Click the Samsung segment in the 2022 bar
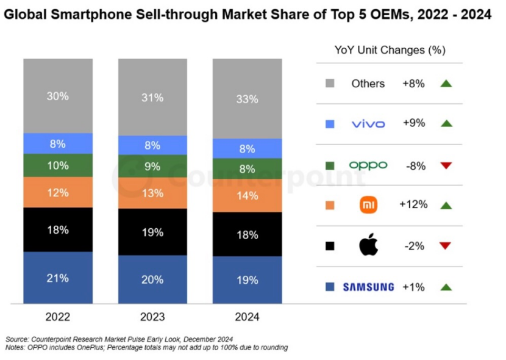point(58,278)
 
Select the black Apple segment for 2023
point(152,232)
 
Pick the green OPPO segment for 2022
point(58,165)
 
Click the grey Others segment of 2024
point(247,98)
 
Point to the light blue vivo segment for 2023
point(152,145)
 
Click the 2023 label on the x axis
point(152,317)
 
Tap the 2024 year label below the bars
point(247,317)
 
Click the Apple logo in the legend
point(369,245)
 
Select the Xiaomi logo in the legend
point(369,205)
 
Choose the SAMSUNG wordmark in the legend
point(368,287)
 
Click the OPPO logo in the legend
point(368,165)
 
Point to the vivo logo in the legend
point(368,124)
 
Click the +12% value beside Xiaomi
point(413,205)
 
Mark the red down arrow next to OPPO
point(446,165)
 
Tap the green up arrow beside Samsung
point(446,287)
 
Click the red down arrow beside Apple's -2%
point(446,246)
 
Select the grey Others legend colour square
point(330,84)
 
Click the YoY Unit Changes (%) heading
point(390,50)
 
